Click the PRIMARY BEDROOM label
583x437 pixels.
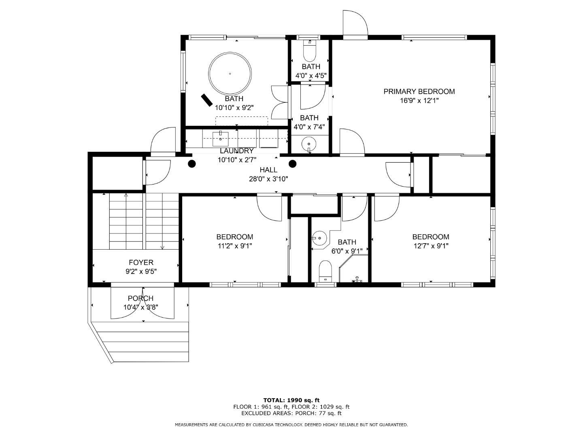pos(419,91)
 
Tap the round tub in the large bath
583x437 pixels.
pos(230,74)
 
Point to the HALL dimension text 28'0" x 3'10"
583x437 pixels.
pos(268,179)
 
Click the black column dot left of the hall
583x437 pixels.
pos(192,164)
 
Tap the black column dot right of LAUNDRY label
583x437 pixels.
pos(293,164)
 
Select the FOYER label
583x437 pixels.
pos(141,263)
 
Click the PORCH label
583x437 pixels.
pos(140,299)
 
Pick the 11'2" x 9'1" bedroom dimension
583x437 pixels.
pos(234,246)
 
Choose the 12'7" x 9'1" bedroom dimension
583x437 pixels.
pos(430,246)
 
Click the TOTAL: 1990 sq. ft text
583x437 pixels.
pos(291,400)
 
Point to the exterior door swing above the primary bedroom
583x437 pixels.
pos(355,23)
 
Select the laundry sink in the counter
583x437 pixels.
pos(220,138)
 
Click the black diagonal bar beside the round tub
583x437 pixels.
pos(207,100)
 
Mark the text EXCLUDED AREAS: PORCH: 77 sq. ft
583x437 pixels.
pos(291,413)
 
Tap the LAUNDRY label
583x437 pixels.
pos(236,151)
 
